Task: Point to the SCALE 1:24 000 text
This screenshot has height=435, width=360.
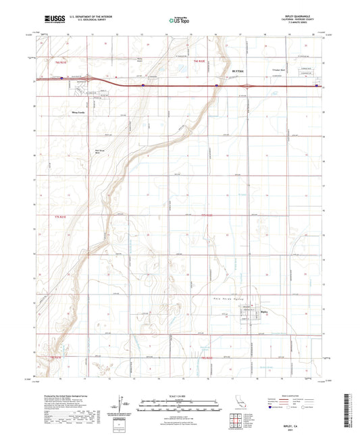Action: point(179,394)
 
